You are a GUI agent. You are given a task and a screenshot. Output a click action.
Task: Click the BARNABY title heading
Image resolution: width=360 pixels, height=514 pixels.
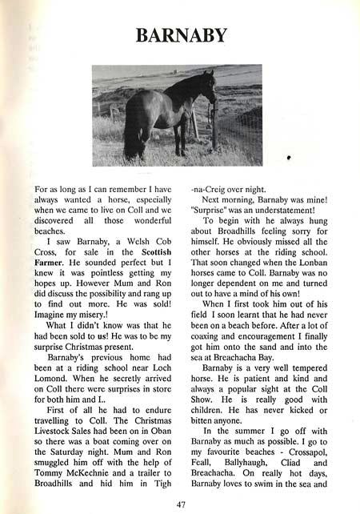click(182, 35)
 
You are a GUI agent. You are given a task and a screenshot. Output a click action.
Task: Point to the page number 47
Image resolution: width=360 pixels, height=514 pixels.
click(181, 505)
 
